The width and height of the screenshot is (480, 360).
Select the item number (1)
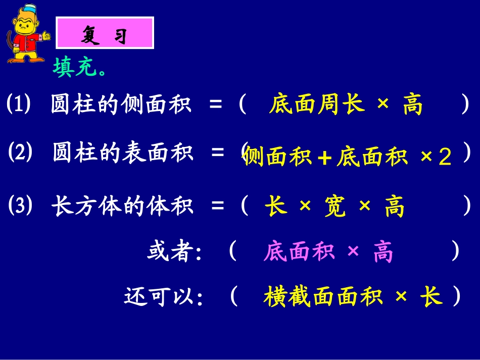pyautogui.click(x=19, y=105)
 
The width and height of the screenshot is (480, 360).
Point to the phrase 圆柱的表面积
pyautogui.click(x=123, y=152)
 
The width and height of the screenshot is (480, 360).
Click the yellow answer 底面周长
pyautogui.click(x=316, y=106)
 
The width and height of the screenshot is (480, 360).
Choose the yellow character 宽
pyautogui.click(x=335, y=208)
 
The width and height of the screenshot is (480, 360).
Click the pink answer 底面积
pyautogui.click(x=299, y=252)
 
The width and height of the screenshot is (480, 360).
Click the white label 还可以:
pyautogui.click(x=164, y=297)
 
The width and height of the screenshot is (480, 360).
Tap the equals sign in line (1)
pyautogui.click(x=216, y=106)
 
